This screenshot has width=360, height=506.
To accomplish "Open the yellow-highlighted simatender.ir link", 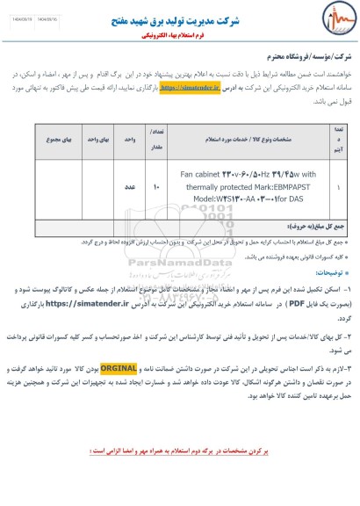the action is tap(184, 89).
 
